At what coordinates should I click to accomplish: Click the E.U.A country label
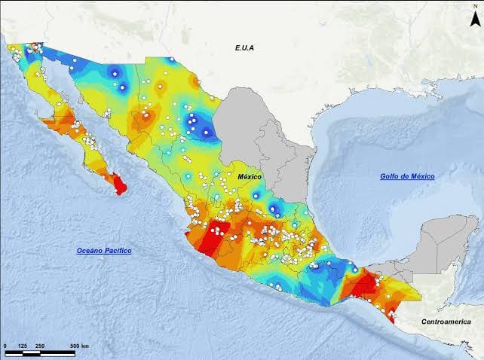click(244, 47)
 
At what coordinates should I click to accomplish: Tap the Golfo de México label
click(407, 175)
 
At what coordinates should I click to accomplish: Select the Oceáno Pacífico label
click(104, 249)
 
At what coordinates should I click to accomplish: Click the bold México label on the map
click(250, 176)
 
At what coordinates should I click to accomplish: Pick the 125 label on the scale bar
click(23, 346)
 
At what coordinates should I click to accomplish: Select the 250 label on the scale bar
click(39, 346)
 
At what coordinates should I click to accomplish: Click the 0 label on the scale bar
click(6, 346)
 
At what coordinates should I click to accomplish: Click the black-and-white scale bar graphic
click(40, 352)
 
